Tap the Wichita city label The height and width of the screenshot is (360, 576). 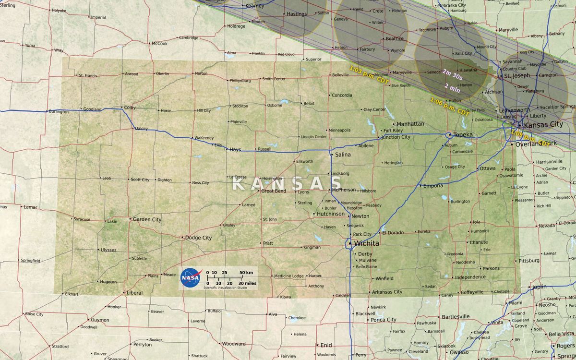point(366,243)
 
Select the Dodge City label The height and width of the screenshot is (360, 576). point(198,238)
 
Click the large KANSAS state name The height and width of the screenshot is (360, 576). point(287,183)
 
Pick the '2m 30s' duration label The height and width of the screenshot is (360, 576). point(453,73)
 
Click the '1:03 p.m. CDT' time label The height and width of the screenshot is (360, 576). point(369,75)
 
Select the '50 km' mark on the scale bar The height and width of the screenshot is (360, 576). point(246,273)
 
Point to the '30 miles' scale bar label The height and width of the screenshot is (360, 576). point(247,283)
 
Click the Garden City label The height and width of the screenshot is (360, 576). point(147,219)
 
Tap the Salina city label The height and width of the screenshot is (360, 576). point(343,155)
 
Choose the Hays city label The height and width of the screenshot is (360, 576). point(235,150)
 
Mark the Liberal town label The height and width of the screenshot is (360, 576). point(134,293)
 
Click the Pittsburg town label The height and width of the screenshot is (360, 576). point(529,261)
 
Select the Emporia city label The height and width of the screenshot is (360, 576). point(433,186)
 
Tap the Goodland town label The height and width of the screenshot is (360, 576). point(92,109)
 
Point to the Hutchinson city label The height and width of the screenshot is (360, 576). point(331,214)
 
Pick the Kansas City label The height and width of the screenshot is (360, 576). point(543,125)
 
